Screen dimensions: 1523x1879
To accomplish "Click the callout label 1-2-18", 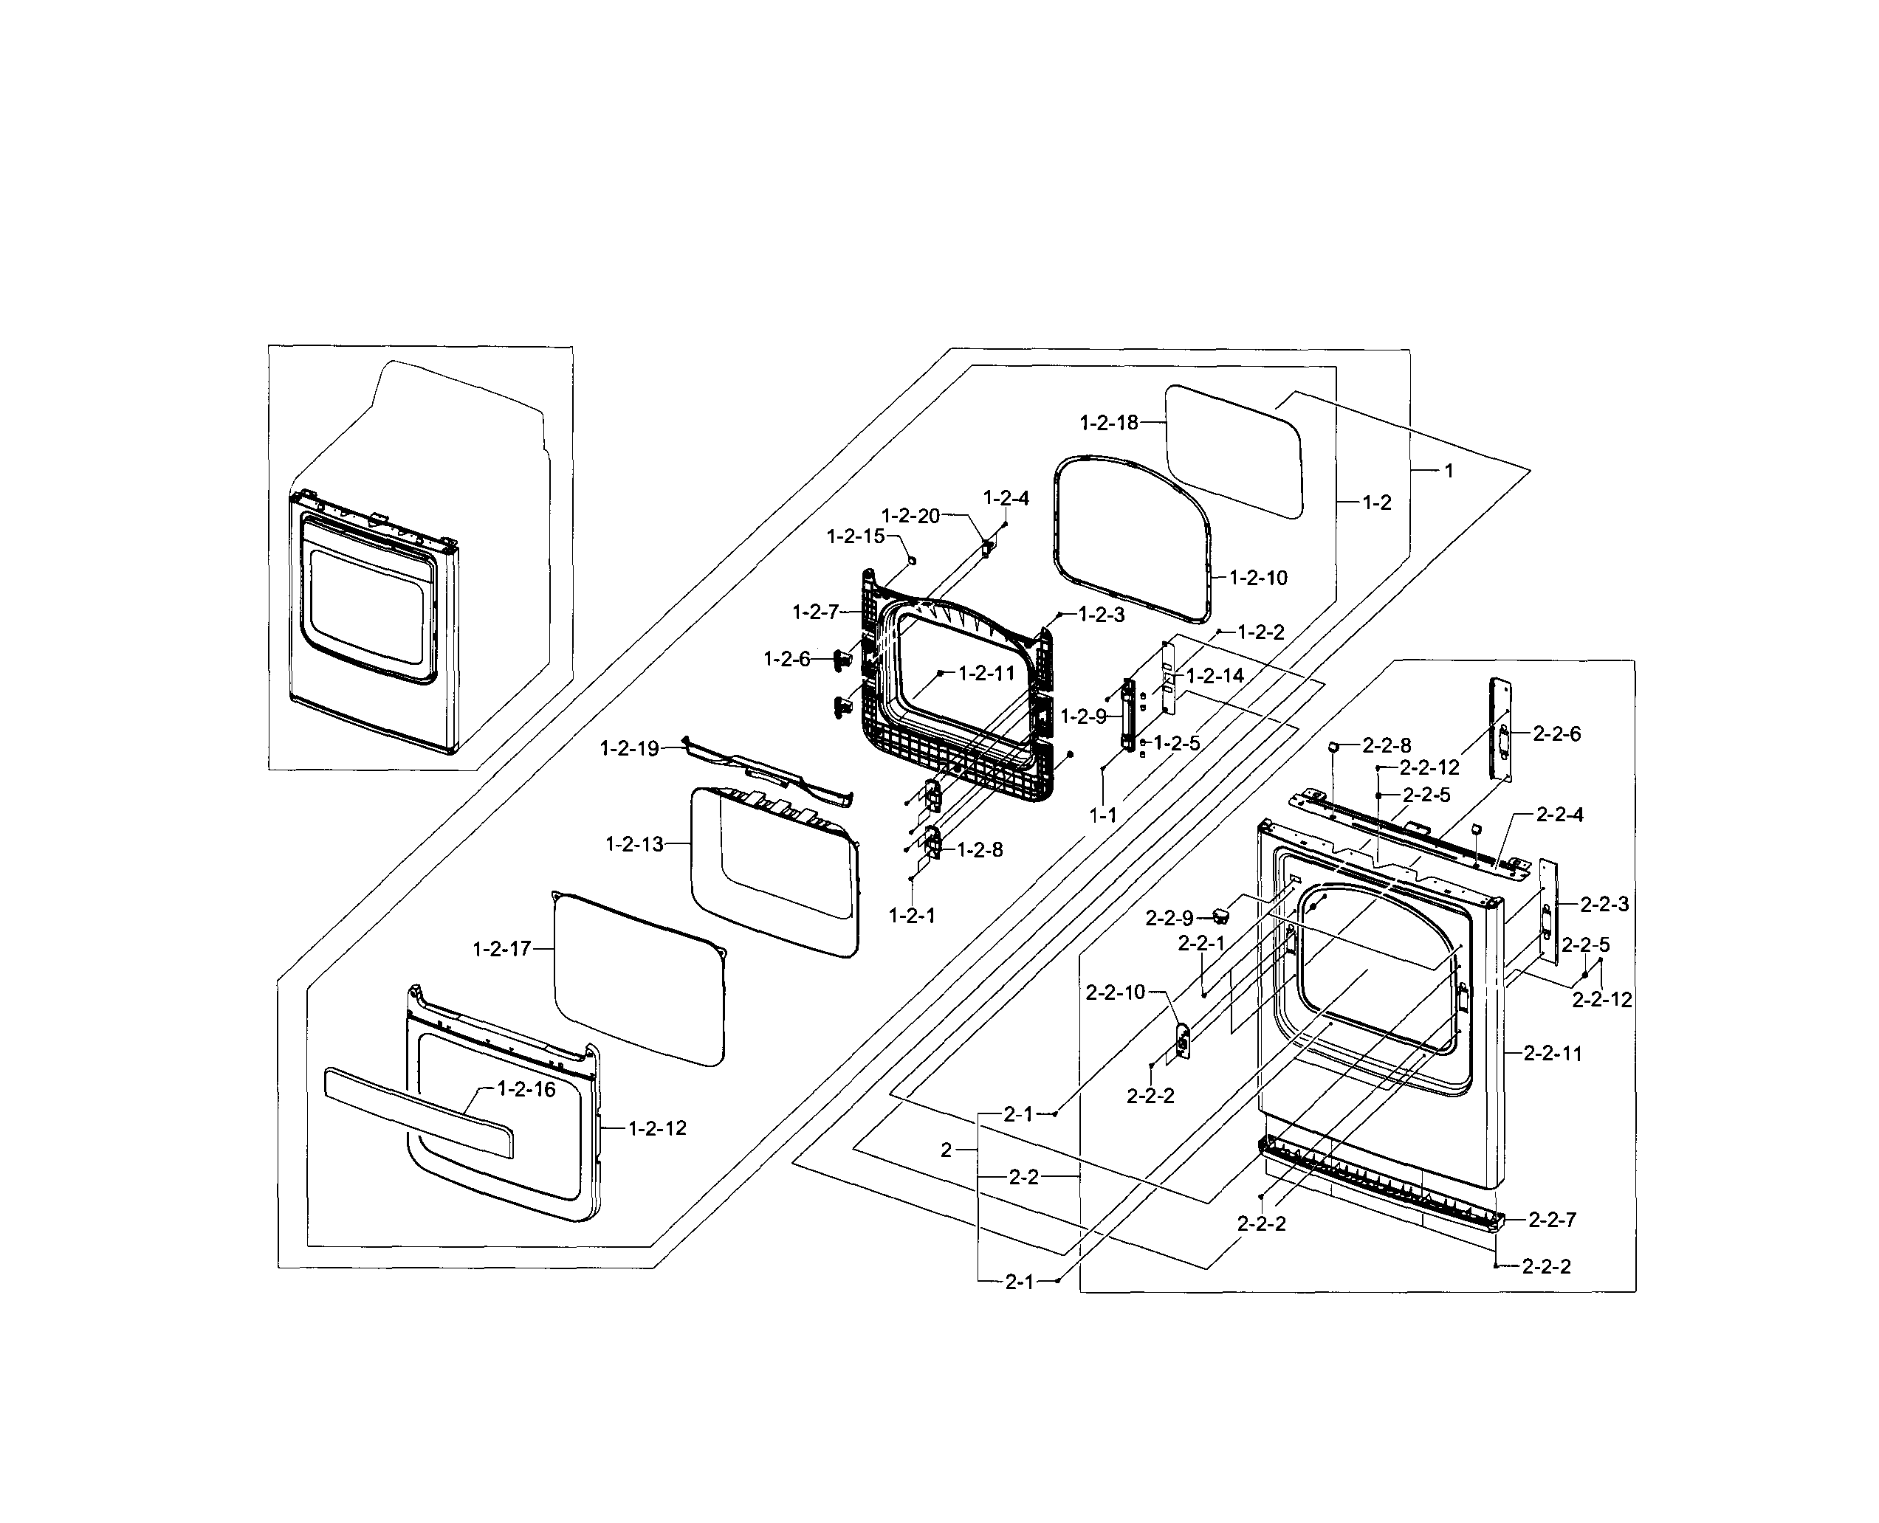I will tap(1108, 423).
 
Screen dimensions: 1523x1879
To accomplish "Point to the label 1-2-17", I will tap(502, 948).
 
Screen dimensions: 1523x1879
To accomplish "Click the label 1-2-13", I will tap(633, 844).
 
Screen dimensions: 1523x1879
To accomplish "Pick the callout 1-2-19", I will tap(629, 748).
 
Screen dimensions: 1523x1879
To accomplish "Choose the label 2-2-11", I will tap(1553, 1054).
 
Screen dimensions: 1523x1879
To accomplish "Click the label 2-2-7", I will tap(1552, 1220).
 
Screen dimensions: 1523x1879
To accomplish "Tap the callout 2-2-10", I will tap(1116, 992).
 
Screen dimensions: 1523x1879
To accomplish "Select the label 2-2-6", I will tap(1556, 733).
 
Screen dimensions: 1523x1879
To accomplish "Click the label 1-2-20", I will tap(910, 516).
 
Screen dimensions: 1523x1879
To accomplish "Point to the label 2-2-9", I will tap(1169, 918).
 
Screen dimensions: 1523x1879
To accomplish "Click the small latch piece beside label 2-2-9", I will tap(1220, 916).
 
